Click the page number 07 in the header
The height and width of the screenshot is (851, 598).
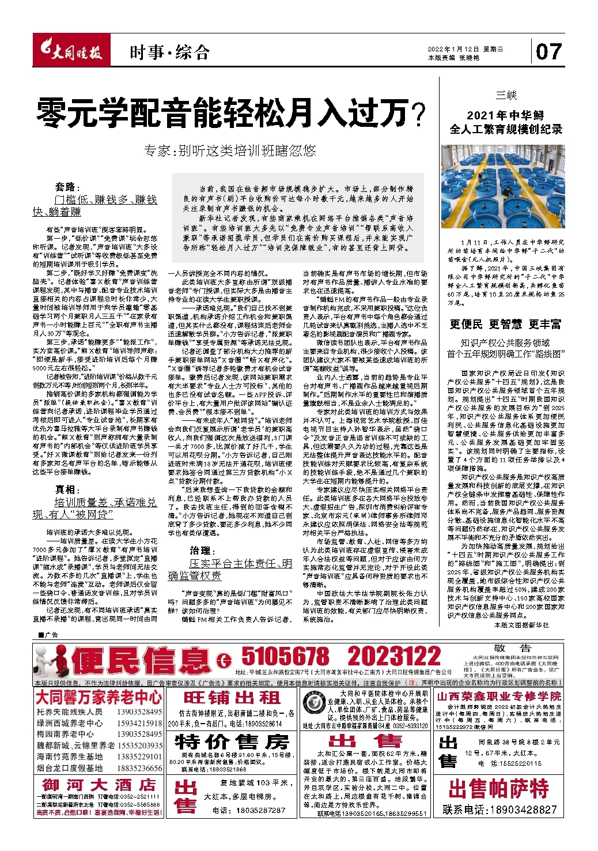(x=548, y=52)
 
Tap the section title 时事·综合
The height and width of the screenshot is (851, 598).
(x=169, y=53)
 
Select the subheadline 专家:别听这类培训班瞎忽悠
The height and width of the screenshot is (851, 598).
(x=230, y=151)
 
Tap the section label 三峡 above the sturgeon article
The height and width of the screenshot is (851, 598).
(x=506, y=95)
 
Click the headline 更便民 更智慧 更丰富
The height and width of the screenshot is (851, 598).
(x=505, y=324)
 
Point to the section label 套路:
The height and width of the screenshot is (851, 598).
(x=69, y=187)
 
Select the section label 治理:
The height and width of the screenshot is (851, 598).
(x=203, y=551)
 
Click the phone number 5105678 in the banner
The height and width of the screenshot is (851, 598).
(x=285, y=657)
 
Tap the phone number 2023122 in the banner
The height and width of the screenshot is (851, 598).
(x=393, y=657)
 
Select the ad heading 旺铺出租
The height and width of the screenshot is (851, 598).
(x=232, y=698)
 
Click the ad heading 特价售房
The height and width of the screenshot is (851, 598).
(x=232, y=741)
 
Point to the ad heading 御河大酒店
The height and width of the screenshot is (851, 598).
(x=99, y=785)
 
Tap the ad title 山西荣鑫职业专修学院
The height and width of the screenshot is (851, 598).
(x=499, y=696)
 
